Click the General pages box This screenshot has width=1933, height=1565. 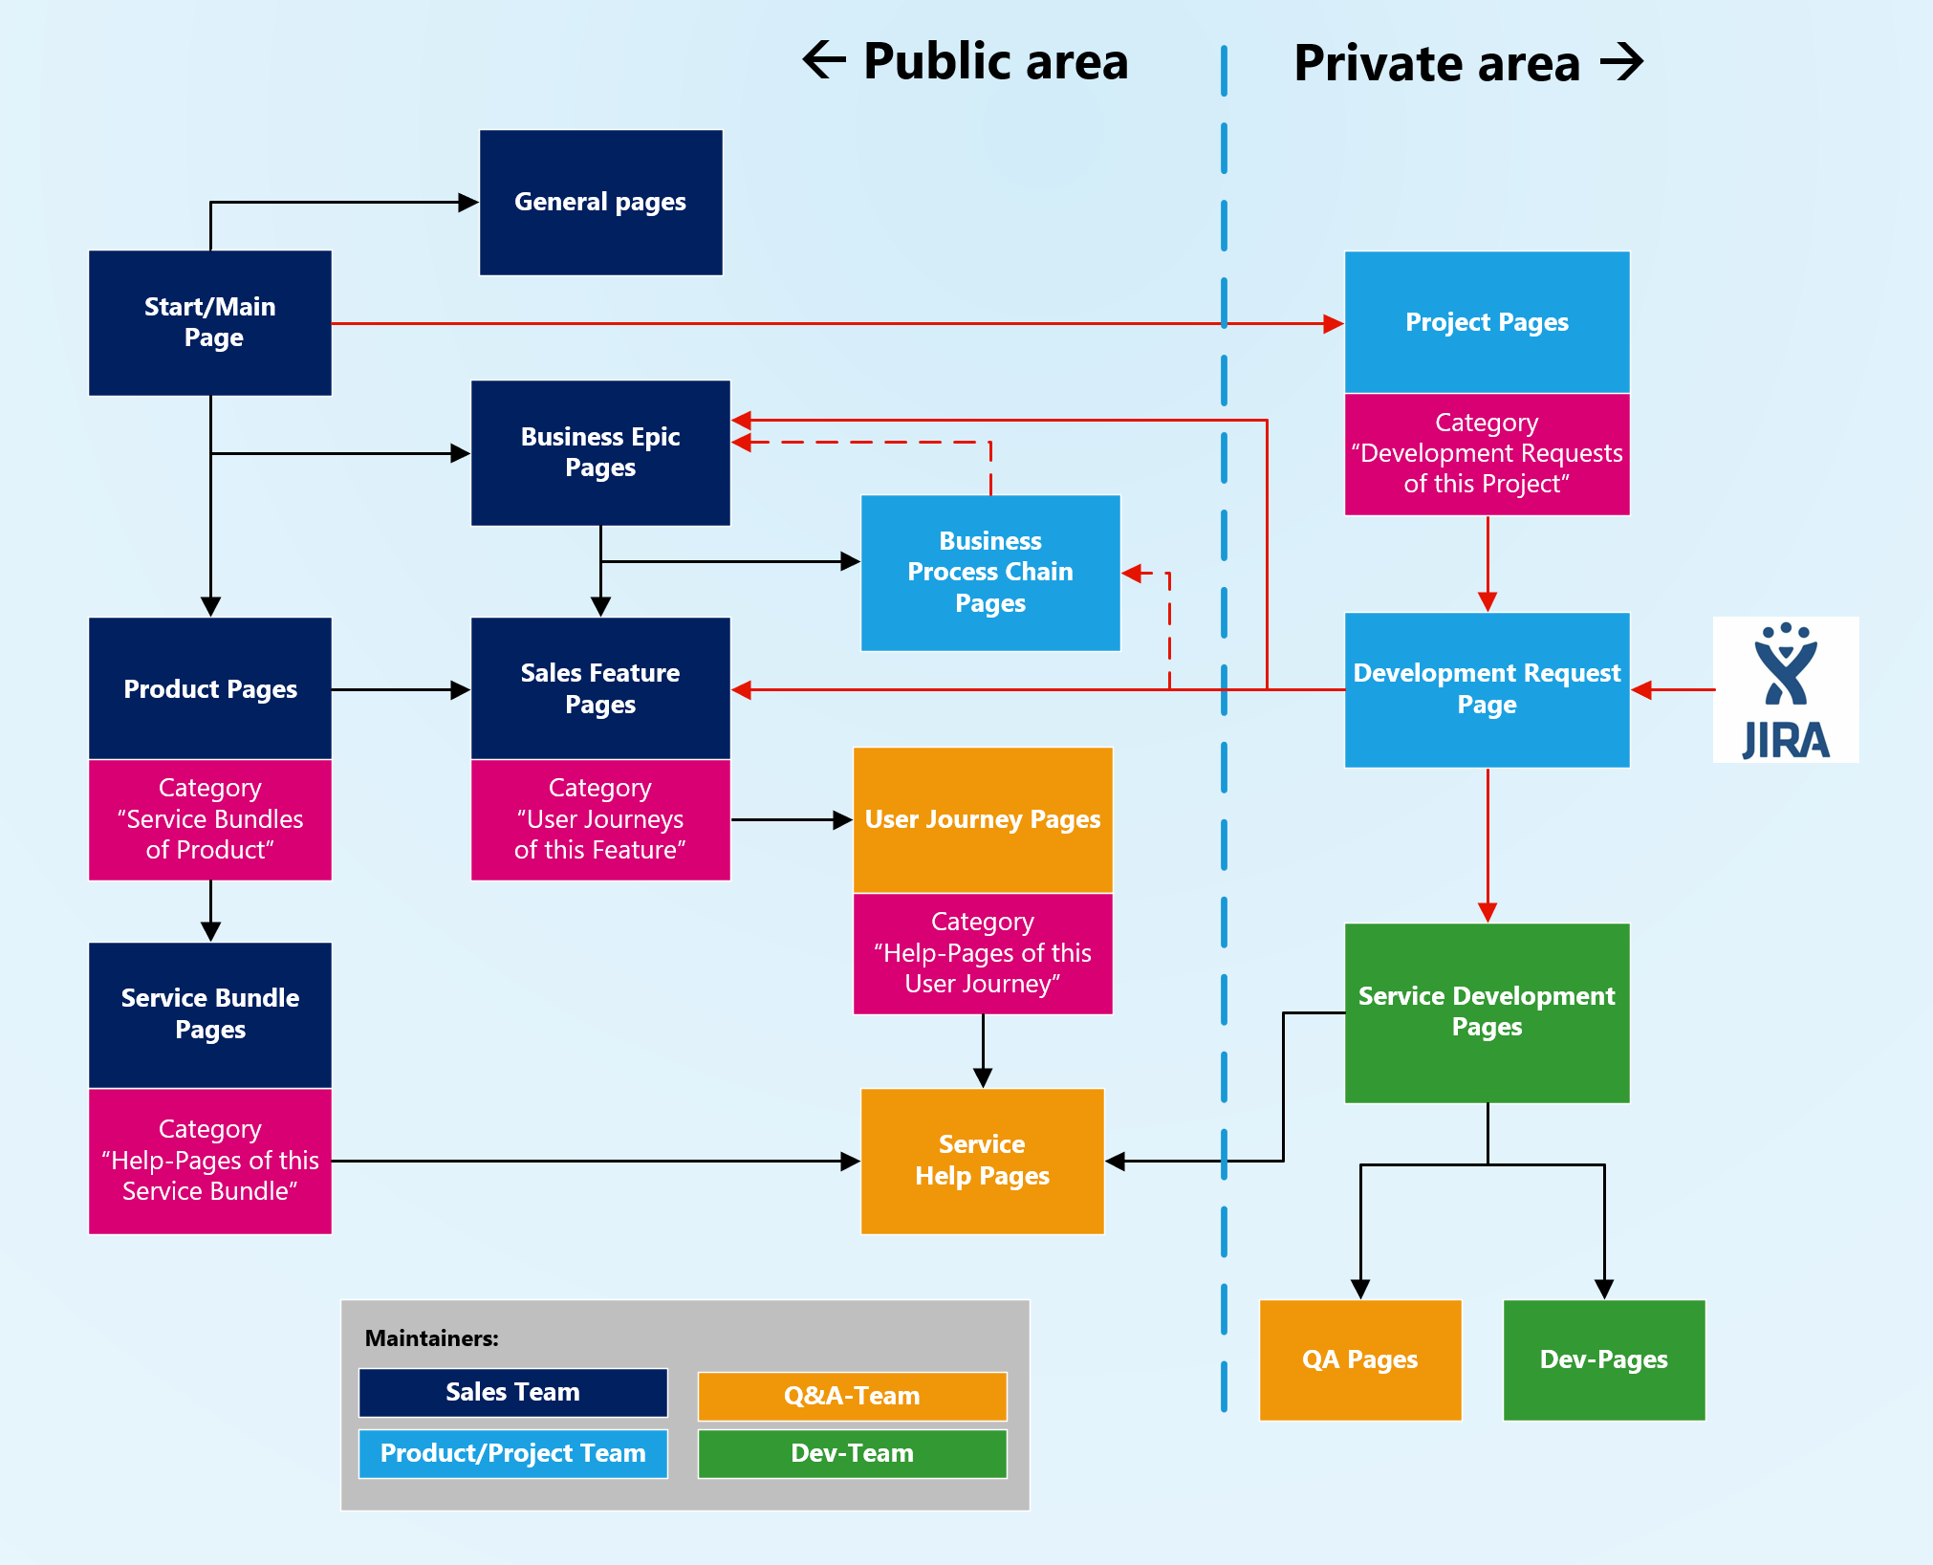[600, 203]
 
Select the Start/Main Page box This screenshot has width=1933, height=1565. [210, 323]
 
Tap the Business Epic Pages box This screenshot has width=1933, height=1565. [600, 452]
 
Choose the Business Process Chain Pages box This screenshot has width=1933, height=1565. [990, 573]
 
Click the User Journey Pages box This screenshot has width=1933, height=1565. [983, 819]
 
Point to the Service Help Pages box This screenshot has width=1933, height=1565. [983, 1161]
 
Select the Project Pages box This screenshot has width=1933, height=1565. [1487, 322]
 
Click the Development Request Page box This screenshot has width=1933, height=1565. [1487, 689]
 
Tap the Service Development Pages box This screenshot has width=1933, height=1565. [1487, 1012]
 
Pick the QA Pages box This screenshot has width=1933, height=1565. [1360, 1359]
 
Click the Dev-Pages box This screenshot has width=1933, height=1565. [1604, 1359]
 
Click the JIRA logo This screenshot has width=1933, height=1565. [1786, 689]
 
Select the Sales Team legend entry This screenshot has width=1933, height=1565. [512, 1392]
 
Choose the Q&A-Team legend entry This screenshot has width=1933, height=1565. [852, 1396]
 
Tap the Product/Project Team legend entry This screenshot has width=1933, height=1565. [512, 1453]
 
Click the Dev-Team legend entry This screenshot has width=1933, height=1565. [852, 1453]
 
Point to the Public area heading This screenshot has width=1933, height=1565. [966, 62]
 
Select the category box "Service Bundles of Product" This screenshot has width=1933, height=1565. [210, 819]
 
